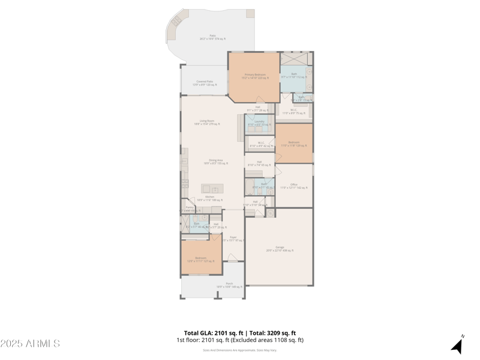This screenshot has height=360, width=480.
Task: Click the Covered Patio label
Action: pyautogui.click(x=205, y=83)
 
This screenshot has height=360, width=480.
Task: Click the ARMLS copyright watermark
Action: pyautogui.click(x=30, y=344)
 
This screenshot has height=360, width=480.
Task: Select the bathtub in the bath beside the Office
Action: pyautogui.click(x=249, y=187)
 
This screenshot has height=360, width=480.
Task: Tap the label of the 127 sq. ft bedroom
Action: pyautogui.click(x=200, y=259)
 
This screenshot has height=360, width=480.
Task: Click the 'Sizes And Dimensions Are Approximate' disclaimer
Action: pyautogui.click(x=239, y=350)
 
